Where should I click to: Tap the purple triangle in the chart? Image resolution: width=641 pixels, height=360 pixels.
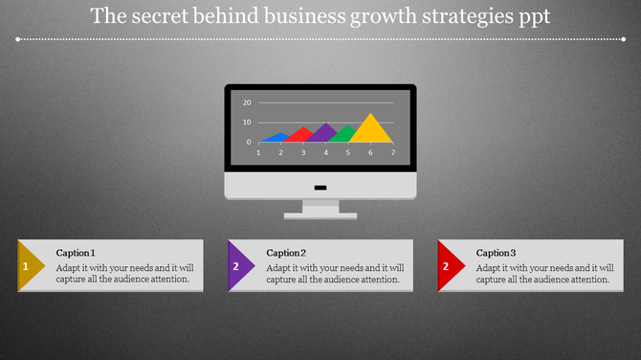coord(324,133)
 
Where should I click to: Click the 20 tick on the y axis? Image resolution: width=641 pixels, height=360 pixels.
coord(247,102)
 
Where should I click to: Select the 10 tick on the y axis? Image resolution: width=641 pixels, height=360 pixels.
coord(247,123)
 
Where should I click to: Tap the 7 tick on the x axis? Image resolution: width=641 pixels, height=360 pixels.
coord(392,152)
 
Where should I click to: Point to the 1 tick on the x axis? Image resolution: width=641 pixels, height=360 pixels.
coord(258,152)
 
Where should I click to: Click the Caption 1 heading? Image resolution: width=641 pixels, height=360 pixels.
coord(76,253)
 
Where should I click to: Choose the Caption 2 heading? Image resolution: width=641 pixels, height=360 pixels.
coord(286,253)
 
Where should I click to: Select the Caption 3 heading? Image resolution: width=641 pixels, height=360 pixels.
coord(497,253)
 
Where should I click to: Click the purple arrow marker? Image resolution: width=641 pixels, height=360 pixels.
coord(239,266)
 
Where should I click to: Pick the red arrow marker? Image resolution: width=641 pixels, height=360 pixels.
coord(449,266)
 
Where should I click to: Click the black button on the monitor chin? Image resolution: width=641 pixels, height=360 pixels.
coord(320,187)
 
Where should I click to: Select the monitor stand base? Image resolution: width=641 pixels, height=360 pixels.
coord(320,215)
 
